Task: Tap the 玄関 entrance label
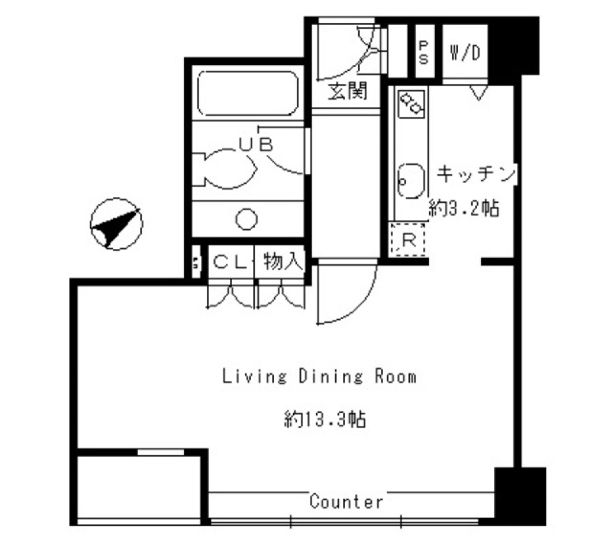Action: tap(348, 92)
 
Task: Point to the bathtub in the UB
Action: tap(247, 94)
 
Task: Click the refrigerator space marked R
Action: tap(408, 241)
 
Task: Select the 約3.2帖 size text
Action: tap(464, 208)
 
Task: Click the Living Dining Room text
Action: tap(319, 377)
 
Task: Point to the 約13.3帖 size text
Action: tap(324, 419)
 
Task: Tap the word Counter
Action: tap(347, 502)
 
